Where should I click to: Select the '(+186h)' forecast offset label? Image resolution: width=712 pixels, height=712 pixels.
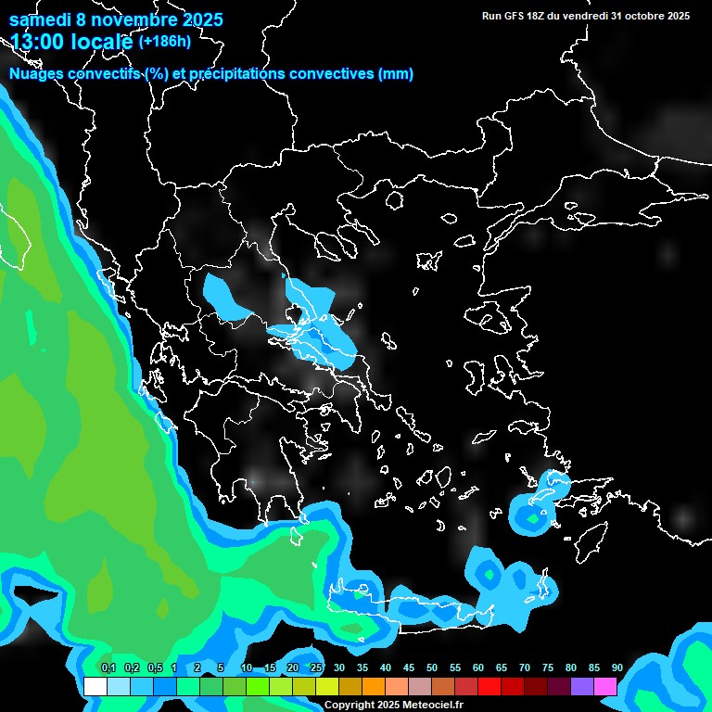pos(165,41)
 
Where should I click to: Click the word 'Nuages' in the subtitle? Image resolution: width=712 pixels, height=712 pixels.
pos(39,74)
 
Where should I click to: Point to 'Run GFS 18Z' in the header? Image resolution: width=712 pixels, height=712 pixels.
pos(514,16)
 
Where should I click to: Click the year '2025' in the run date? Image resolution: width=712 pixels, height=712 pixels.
pos(673,16)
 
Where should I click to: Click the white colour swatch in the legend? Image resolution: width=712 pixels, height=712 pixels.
pos(95,687)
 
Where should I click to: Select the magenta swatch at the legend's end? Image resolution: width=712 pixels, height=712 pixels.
pos(605,687)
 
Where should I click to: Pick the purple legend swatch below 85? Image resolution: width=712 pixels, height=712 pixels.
pos(582,687)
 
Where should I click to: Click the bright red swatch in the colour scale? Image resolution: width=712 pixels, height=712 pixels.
pos(489,687)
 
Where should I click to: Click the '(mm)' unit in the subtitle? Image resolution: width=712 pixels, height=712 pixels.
pos(396,74)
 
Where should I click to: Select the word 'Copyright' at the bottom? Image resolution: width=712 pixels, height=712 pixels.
pos(350,706)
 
